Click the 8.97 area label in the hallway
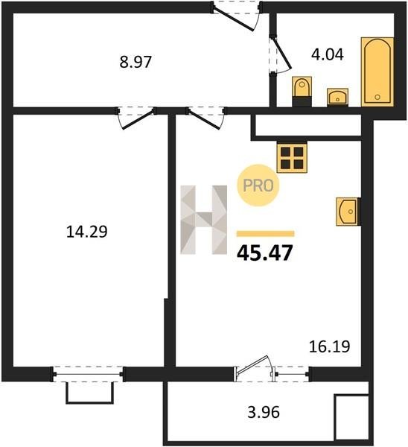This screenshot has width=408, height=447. tap(136, 62)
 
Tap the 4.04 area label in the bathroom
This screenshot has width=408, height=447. tap(328, 54)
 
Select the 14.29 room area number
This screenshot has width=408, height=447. tap(86, 231)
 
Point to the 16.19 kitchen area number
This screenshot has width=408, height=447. tap(330, 346)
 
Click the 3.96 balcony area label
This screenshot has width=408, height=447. tap(264, 412)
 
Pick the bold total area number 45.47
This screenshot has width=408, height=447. tap(265, 253)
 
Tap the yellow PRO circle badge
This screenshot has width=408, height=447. tap(258, 186)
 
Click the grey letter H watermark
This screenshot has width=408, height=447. tap(204, 220)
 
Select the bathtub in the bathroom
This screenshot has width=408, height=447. tap(377, 72)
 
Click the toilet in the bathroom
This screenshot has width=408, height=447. tap(302, 91)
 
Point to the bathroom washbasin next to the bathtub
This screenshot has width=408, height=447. tap(337, 97)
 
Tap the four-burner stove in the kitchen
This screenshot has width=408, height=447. tap(292, 158)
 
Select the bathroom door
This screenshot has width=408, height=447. tap(281, 54)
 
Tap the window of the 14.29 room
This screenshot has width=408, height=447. tap(87, 374)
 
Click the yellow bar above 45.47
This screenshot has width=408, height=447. tap(266, 234)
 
